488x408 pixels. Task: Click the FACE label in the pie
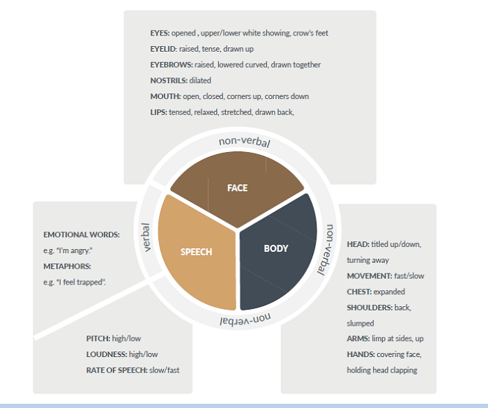point(237,188)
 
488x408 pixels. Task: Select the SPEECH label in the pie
point(196,252)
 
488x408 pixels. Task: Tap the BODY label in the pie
point(276,248)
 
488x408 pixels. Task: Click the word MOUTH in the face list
point(165,96)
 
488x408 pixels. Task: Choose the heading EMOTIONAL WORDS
point(82,234)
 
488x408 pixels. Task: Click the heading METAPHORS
point(67,266)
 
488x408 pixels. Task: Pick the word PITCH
point(98,338)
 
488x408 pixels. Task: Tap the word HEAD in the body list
point(358,244)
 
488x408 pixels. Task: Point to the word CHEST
point(360,292)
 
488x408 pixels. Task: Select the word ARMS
point(359,339)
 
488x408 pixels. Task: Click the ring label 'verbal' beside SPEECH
point(146,238)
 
